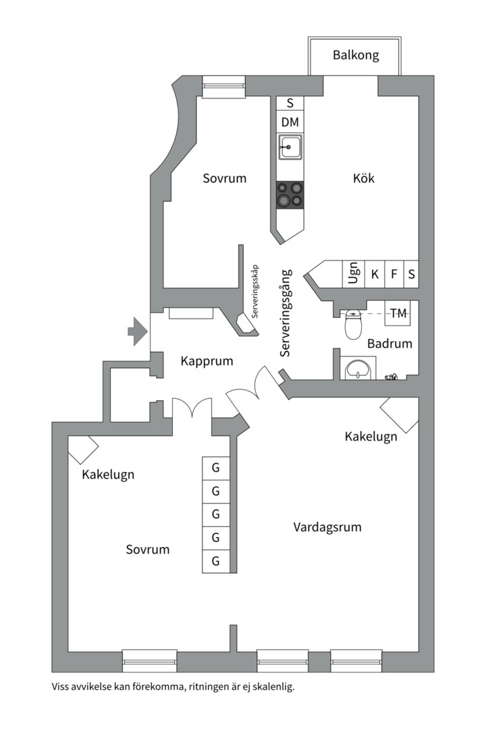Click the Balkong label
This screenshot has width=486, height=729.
356,55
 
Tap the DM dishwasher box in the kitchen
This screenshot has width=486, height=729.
290,122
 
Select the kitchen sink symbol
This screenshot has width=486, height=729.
290,146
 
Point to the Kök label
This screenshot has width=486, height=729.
363,179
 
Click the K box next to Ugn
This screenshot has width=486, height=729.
375,274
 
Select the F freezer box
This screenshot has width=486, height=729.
394,274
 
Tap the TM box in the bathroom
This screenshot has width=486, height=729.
399,313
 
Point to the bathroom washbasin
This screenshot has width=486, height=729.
357,369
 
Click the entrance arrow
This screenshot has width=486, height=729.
138,331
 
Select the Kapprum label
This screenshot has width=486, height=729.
207,361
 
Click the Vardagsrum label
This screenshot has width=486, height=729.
327,526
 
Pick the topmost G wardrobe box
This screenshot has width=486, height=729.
216,467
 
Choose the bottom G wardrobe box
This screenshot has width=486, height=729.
216,561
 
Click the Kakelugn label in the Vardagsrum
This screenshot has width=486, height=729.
371,437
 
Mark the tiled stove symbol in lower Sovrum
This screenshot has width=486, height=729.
83,448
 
